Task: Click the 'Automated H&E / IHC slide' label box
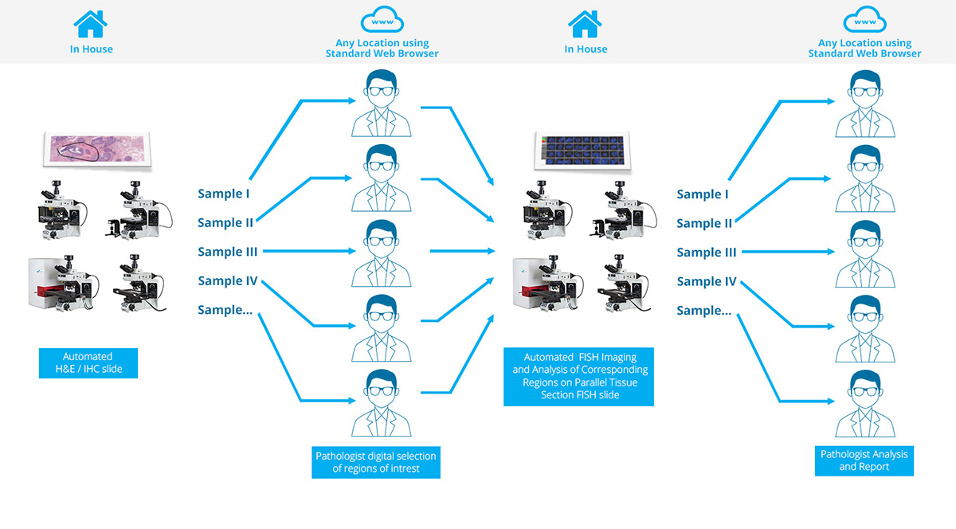(x=88, y=362)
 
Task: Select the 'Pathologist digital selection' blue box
(x=376, y=462)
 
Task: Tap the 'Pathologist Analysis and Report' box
(x=864, y=460)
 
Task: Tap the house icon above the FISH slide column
(x=585, y=24)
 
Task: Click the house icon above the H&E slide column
(x=91, y=24)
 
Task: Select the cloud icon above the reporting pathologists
(x=864, y=19)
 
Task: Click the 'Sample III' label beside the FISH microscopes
(x=706, y=253)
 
